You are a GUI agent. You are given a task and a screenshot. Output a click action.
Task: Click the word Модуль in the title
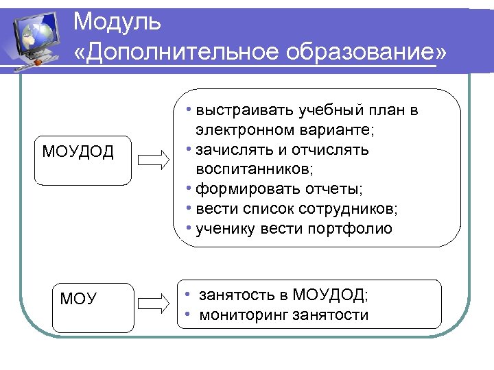coord(117,22)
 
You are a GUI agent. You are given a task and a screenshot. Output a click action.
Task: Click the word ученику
coord(225,228)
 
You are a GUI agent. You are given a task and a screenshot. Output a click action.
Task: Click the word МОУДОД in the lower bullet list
coord(329,295)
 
